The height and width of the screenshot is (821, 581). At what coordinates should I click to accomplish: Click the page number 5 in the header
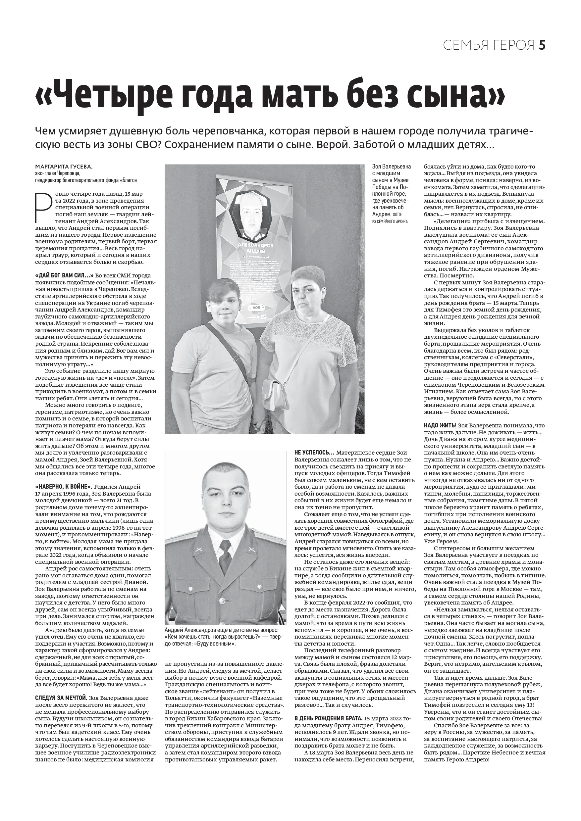pos(542,45)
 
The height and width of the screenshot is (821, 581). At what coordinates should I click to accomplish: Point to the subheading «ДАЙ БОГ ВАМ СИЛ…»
pos(64,276)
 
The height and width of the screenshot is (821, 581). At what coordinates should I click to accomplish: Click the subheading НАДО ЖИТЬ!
pos(440,426)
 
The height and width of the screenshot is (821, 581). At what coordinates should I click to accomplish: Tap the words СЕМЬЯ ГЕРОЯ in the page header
pos(489,45)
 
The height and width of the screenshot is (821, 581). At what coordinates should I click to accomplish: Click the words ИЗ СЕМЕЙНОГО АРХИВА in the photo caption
pos(390,221)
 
